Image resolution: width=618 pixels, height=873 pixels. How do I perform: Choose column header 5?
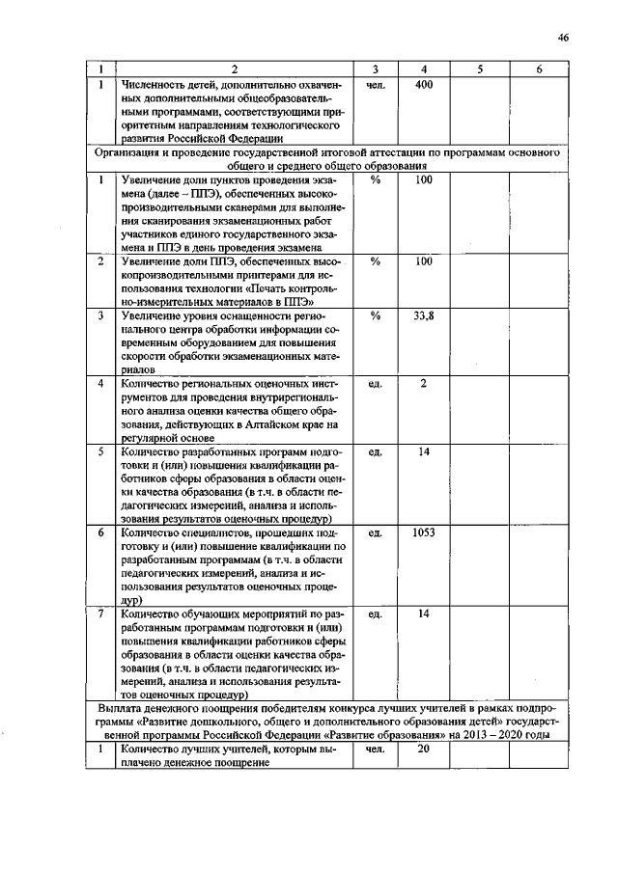point(479,69)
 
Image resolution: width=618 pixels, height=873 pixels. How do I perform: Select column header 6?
point(539,69)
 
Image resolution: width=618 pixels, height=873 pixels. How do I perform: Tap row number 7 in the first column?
point(100,613)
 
